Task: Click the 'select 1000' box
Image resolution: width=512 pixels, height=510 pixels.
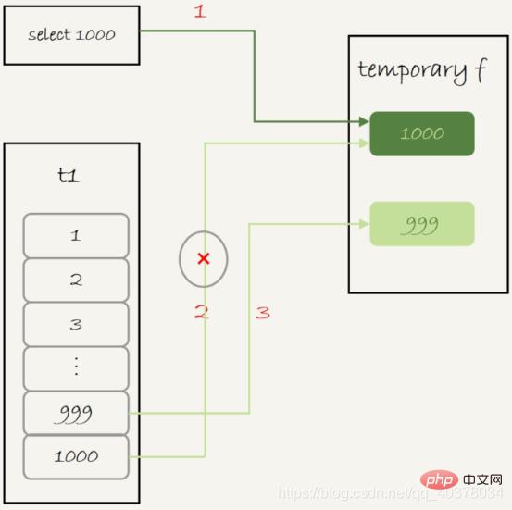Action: tap(71, 35)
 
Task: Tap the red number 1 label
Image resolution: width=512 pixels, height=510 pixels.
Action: tap(198, 12)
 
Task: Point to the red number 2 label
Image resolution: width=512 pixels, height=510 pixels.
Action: tap(201, 313)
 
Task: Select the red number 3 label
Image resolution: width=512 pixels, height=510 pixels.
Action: tap(263, 313)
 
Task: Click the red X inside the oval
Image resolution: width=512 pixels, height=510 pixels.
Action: tap(204, 258)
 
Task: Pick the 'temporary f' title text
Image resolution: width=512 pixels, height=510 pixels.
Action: tap(421, 71)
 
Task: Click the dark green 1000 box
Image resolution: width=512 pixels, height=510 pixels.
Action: tap(422, 133)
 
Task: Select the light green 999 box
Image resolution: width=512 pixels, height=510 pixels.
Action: tap(422, 224)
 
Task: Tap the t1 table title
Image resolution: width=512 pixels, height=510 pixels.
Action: tap(69, 174)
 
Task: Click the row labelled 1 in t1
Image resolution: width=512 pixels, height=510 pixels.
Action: tap(76, 235)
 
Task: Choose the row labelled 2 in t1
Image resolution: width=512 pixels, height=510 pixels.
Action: tap(76, 280)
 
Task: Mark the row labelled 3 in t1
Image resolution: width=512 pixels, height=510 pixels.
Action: tap(76, 324)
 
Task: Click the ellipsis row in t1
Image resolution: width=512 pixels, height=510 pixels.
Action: tap(76, 367)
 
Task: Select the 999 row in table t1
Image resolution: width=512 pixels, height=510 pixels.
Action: tap(76, 413)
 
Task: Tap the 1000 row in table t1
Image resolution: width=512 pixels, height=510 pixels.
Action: tap(76, 456)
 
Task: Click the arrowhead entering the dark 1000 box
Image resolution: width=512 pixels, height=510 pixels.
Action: tap(364, 121)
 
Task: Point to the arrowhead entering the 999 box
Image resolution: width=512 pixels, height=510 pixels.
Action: tap(364, 222)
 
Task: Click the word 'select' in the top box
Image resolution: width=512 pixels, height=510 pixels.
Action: tap(48, 35)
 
